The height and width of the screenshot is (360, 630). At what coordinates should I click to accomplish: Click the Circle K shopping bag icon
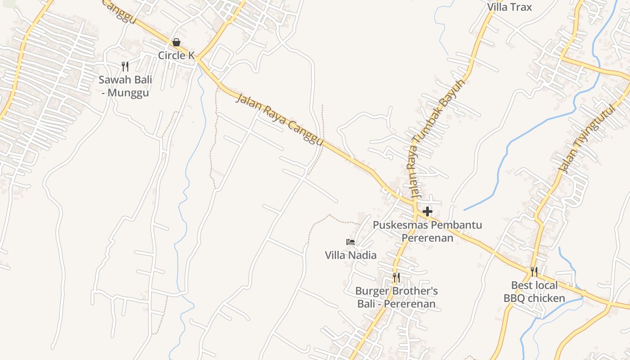pyautogui.click(x=176, y=42)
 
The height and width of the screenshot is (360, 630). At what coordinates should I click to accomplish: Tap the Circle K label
pyautogui.click(x=176, y=55)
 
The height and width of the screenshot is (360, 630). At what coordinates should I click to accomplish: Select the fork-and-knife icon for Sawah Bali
pyautogui.click(x=125, y=67)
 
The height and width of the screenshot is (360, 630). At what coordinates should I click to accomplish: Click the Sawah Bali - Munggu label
pyautogui.click(x=125, y=86)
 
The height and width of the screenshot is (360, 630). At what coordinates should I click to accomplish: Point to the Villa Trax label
pyautogui.click(x=509, y=7)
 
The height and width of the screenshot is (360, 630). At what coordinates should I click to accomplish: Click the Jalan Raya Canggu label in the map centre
pyautogui.click(x=279, y=119)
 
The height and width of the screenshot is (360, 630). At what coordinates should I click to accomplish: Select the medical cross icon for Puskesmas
pyautogui.click(x=427, y=211)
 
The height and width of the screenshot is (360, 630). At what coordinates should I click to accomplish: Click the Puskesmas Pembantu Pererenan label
pyautogui.click(x=427, y=231)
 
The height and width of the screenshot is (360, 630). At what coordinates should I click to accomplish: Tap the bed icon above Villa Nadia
pyautogui.click(x=351, y=242)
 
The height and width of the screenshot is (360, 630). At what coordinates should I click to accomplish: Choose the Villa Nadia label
pyautogui.click(x=351, y=255)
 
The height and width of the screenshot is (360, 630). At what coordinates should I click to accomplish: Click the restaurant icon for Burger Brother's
pyautogui.click(x=396, y=277)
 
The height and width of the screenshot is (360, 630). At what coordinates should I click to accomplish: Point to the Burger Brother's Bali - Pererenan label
pyautogui.click(x=396, y=297)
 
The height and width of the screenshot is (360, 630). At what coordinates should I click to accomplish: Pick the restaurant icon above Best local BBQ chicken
pyautogui.click(x=534, y=272)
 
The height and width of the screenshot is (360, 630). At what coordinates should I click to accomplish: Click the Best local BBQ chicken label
pyautogui.click(x=534, y=292)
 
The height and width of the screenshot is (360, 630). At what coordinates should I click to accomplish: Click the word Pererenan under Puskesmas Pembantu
pyautogui.click(x=427, y=238)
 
